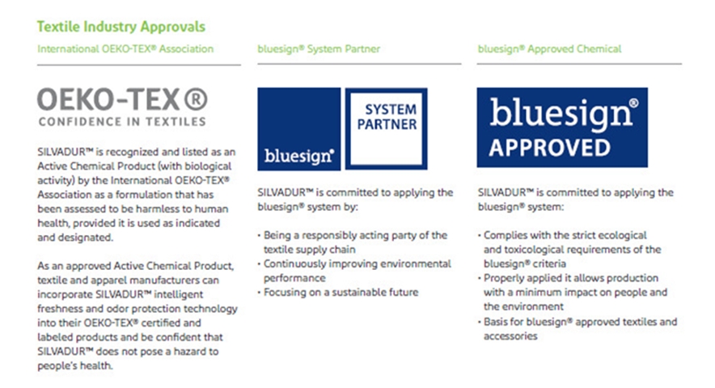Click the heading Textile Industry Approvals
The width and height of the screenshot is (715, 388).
click(x=121, y=27)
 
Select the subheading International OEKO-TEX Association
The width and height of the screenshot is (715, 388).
click(x=125, y=48)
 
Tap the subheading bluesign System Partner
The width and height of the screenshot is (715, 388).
click(x=319, y=48)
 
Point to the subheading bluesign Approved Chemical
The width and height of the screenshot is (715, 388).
click(x=549, y=48)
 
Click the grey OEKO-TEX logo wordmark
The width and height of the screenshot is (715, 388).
click(x=122, y=99)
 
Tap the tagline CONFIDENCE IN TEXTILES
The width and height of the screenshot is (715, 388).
click(x=122, y=122)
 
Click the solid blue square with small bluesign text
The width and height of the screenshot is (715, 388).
click(x=299, y=129)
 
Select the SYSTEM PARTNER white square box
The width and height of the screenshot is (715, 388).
click(x=387, y=129)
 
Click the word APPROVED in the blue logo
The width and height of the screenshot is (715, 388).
click(x=549, y=148)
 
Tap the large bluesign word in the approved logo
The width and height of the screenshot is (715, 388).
click(x=561, y=114)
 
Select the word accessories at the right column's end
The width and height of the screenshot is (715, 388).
click(x=510, y=336)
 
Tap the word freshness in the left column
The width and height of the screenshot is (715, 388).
click(x=60, y=309)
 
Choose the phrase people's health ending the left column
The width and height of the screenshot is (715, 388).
click(x=74, y=365)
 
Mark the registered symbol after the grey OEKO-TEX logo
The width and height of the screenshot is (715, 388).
click(x=196, y=99)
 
